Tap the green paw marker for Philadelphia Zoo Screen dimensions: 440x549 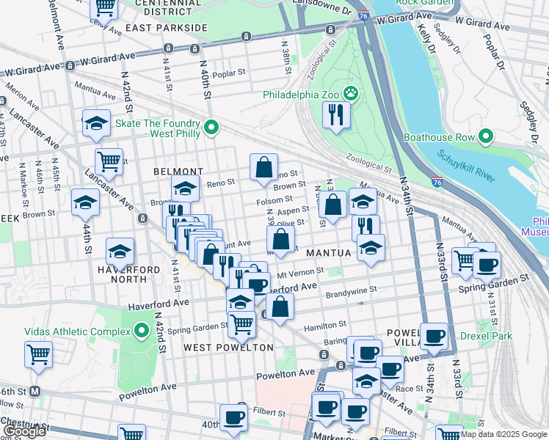pyautogui.click(x=351, y=94)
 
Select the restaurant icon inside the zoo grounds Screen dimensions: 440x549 pyautogui.click(x=337, y=114)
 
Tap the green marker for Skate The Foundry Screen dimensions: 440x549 pyautogui.click(x=211, y=128)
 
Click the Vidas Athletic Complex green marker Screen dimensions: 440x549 pyautogui.click(x=142, y=331)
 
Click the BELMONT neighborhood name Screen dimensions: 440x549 pyautogui.click(x=167, y=171)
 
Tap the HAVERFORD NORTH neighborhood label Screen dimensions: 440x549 pyautogui.click(x=129, y=275)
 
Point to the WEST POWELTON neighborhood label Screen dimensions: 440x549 pyautogui.click(x=218, y=347)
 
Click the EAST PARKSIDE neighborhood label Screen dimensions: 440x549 pyautogui.click(x=167, y=28)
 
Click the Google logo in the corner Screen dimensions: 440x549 pyautogui.click(x=24, y=431)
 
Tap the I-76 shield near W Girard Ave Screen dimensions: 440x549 pyautogui.click(x=364, y=14)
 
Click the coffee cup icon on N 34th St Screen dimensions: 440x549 pyautogui.click(x=434, y=337)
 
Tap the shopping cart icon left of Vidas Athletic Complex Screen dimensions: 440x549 pyautogui.click(x=38, y=354)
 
